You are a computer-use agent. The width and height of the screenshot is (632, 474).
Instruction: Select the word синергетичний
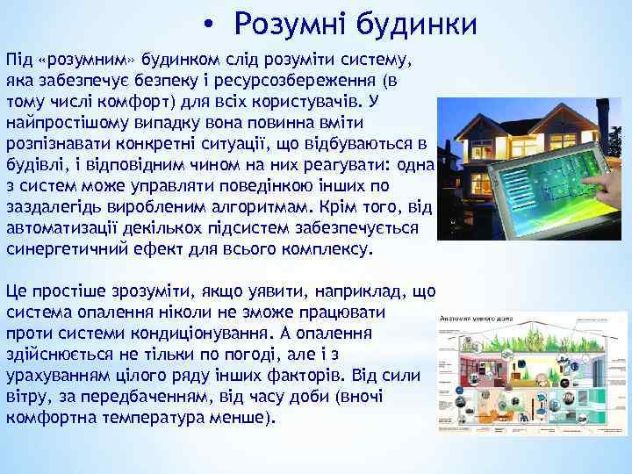point(61,248)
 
